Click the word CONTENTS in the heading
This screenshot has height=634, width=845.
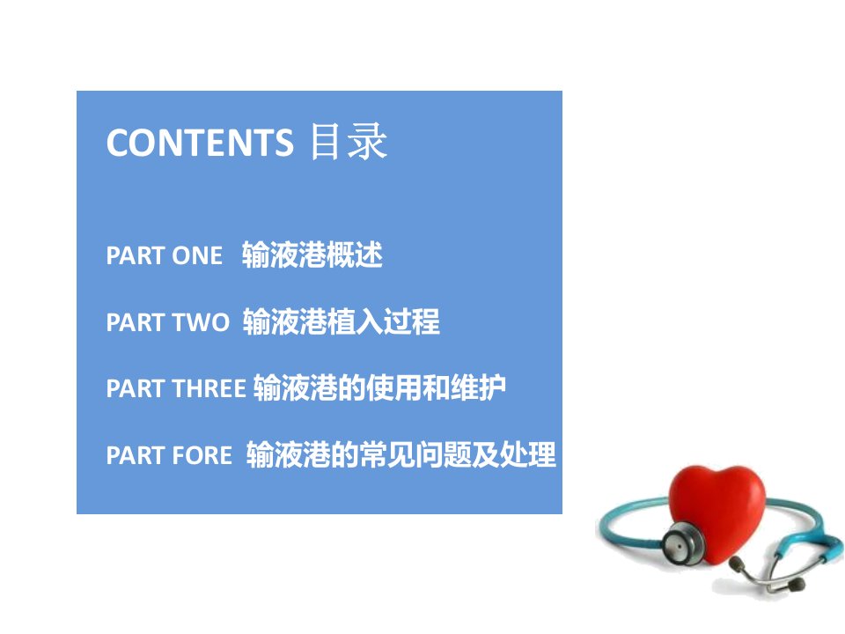[200, 143]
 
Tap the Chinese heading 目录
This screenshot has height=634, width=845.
[349, 141]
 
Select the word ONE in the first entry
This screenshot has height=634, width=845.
[197, 255]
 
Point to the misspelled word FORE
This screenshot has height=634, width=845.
[202, 455]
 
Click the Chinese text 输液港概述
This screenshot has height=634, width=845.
[312, 255]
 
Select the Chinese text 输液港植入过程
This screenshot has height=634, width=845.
[342, 322]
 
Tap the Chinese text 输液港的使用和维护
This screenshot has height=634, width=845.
[380, 387]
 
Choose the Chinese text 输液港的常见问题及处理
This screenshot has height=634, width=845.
[401, 454]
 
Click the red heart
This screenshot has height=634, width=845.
[717, 512]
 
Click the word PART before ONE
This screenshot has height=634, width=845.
[136, 255]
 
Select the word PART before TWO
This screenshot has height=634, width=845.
[136, 322]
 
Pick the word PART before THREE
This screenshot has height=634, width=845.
[136, 388]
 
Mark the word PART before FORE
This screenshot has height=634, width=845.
[136, 455]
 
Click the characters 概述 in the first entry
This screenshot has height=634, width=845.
[355, 255]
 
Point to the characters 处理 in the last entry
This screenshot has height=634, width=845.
[528, 454]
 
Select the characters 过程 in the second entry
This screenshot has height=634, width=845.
[412, 322]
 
